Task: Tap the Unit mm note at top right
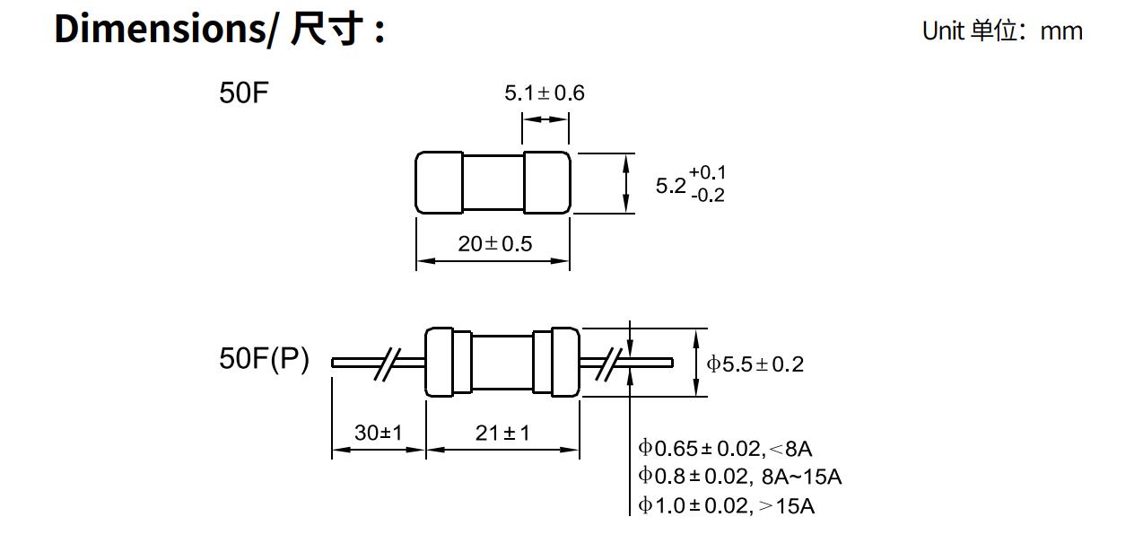[x=1001, y=31]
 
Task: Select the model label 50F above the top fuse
[x=244, y=93]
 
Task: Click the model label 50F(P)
[x=264, y=359]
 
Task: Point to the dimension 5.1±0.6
[x=544, y=93]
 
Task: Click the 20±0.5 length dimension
[x=494, y=243]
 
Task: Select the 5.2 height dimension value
[x=670, y=186]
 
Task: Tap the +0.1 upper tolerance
[x=707, y=172]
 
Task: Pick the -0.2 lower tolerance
[x=707, y=195]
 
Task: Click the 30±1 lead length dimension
[x=378, y=433]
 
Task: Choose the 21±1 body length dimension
[x=502, y=433]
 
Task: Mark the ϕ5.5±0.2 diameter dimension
[x=755, y=364]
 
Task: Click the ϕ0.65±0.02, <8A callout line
[x=725, y=449]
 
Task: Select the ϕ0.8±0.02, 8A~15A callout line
[x=739, y=477]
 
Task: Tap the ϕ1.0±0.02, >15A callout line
[x=726, y=505]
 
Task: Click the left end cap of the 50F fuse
[x=439, y=183]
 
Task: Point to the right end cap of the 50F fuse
[x=546, y=183]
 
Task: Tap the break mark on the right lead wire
[x=611, y=363]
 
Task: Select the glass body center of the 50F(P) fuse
[x=502, y=363]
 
